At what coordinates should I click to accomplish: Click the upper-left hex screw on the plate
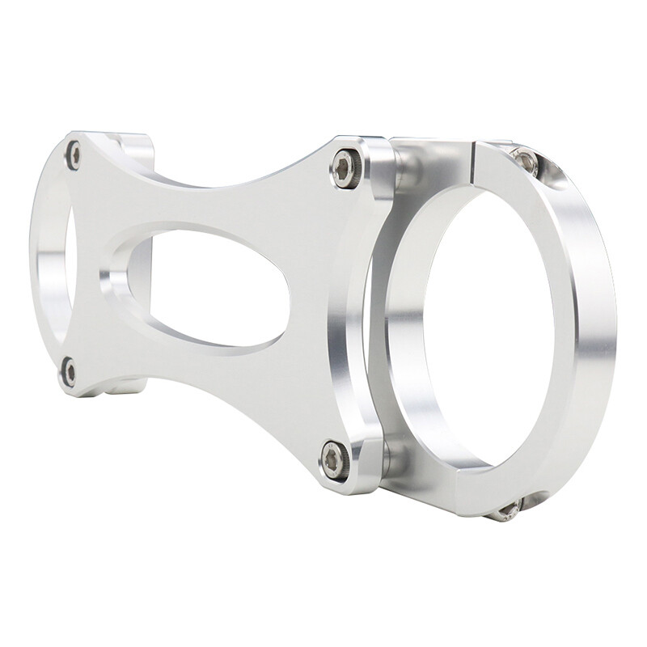point(73,154)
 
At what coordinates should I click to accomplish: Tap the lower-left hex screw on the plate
point(70,372)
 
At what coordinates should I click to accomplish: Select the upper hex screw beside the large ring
point(346,169)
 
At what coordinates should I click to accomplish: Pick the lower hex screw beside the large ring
point(335,460)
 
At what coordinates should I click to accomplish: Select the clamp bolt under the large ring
point(508,510)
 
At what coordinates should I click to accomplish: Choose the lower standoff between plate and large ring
point(396,457)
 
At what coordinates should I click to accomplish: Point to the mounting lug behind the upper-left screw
point(133,150)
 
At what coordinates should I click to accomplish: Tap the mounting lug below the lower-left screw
point(121,387)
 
